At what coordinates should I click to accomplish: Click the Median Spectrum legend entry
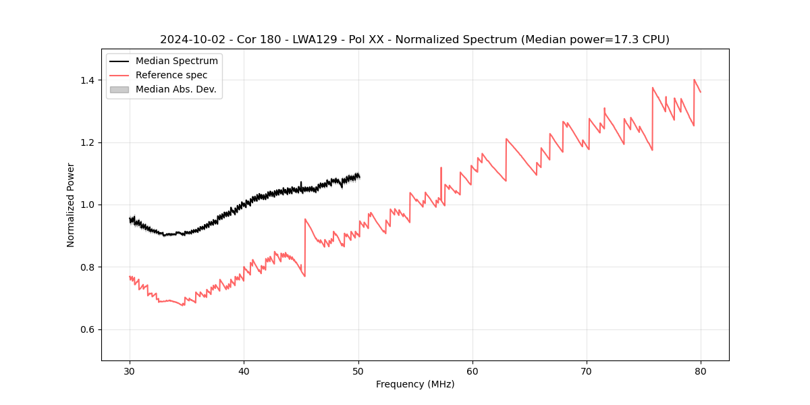(x=176, y=61)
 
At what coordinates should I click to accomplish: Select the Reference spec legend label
(x=171, y=75)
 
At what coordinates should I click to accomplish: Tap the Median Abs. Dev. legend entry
(x=175, y=89)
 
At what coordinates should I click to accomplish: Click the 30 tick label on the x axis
(x=130, y=371)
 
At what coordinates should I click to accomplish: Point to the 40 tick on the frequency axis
(x=244, y=371)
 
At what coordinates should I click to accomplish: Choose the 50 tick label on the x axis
(x=358, y=371)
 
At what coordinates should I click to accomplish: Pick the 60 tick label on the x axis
(x=473, y=371)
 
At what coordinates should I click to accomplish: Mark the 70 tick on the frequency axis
(x=587, y=371)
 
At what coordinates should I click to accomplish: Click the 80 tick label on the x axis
(x=701, y=371)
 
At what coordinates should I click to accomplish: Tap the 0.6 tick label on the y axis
(x=89, y=329)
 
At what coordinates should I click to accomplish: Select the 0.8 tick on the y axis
(x=89, y=267)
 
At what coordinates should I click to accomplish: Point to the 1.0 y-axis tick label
(x=89, y=205)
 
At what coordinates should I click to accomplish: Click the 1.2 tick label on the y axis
(x=89, y=142)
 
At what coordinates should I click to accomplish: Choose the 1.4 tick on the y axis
(x=89, y=80)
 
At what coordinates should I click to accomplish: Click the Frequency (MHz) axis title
(x=415, y=384)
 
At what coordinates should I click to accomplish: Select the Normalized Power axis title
(x=71, y=205)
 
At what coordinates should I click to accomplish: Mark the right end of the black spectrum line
(x=359, y=177)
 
